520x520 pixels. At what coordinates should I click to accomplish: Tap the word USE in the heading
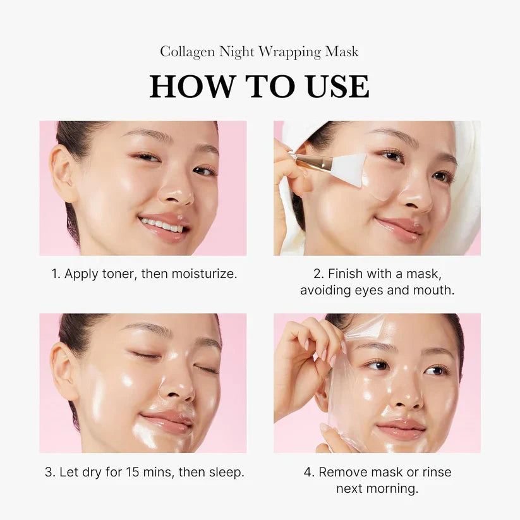pyautogui.click(x=336, y=87)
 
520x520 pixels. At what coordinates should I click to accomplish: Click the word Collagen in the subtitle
pyautogui.click(x=187, y=52)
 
